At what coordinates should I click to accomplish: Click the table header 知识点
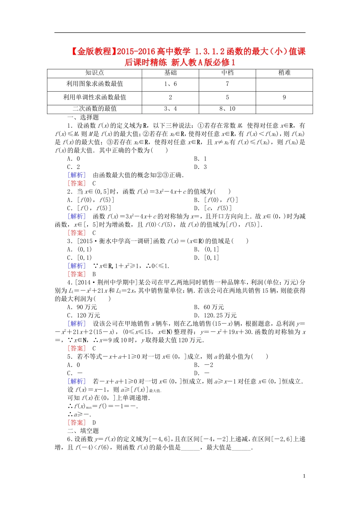pos(94,73)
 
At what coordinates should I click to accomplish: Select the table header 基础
pos(170,73)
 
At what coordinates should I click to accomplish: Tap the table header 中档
pos(227,73)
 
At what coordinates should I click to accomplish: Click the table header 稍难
pos(284,73)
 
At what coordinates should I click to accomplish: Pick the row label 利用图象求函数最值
pos(94,84)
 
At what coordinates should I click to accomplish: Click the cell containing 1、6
pos(170,84)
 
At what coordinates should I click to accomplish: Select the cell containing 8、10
pos(227,109)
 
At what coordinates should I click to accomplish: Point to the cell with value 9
pos(284,97)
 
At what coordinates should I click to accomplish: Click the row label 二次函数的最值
pos(94,109)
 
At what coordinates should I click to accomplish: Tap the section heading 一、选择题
pos(83,117)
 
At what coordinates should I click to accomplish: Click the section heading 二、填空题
pos(83,431)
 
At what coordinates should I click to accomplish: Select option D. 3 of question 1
pos(200,167)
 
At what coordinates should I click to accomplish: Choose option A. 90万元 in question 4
pos(82,307)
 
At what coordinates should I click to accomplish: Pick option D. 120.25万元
pos(215,315)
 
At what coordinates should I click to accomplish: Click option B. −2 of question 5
pos(203,365)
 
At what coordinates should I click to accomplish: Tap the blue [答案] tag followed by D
pos(77,423)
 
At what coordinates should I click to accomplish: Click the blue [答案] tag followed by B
pos(77,274)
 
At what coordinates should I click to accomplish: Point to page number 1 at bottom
pos(304,476)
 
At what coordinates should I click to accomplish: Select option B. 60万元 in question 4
pos(209,307)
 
